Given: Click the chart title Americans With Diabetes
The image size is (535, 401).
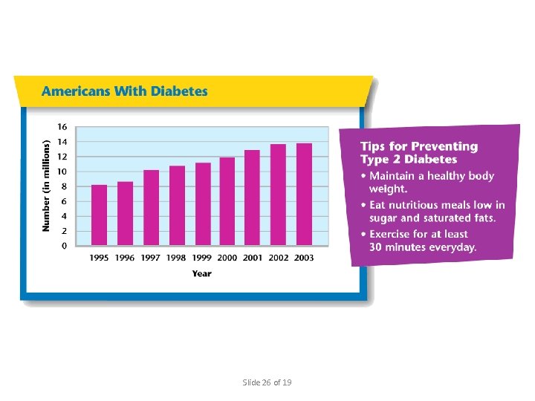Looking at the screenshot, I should tap(125, 92).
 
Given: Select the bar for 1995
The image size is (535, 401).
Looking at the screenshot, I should tap(100, 215).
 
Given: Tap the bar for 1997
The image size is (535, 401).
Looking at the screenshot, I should tap(151, 207).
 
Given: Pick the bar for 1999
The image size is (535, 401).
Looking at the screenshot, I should tap(202, 203).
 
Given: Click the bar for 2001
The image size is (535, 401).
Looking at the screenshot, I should tap(253, 198).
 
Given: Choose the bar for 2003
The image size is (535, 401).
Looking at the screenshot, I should tap(304, 194).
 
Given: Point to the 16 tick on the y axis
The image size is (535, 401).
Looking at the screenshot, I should tap(62, 127).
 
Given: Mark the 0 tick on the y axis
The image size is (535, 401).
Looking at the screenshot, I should tap(65, 246).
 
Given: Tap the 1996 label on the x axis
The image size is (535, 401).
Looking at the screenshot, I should tap(125, 258).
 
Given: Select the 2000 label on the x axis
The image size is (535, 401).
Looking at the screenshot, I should tap(227, 258).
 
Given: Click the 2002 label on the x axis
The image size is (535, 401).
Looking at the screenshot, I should tap(278, 258).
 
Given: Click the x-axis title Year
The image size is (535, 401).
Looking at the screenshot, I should tap(201, 273).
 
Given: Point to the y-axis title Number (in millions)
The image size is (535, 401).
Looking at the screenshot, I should tap(46, 185).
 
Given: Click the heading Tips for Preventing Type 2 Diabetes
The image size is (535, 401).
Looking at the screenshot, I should tap(419, 153).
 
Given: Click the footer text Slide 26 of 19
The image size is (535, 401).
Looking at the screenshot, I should tap(267, 382).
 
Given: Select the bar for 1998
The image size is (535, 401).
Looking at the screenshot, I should tap(177, 206).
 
